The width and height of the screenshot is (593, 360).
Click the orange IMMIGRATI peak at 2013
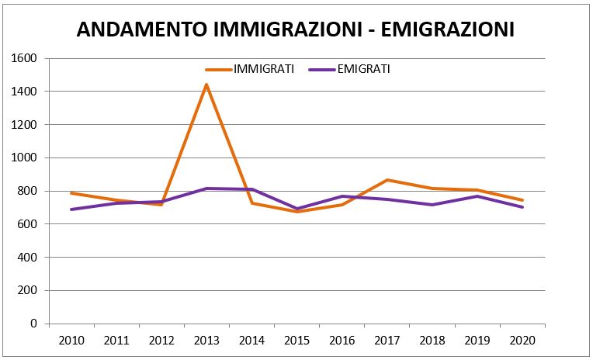tap(206, 84)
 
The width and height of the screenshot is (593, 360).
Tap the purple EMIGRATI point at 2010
tap(71, 209)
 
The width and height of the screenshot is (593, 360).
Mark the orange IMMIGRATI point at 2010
tap(71, 193)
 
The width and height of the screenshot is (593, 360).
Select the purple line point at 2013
tap(206, 189)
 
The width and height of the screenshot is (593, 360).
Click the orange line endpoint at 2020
tap(522, 200)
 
